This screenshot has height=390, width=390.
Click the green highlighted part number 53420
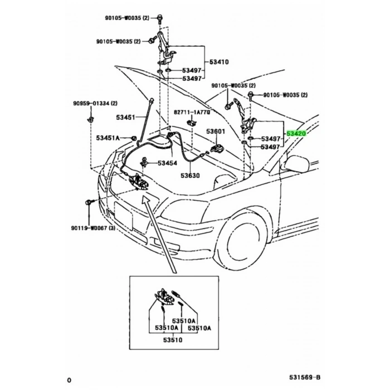(296, 134)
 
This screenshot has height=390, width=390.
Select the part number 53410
(219, 62)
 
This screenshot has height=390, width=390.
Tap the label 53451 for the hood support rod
(126, 117)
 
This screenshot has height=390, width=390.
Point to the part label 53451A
(108, 138)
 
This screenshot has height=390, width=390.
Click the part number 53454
(167, 163)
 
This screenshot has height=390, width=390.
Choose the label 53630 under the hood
(189, 176)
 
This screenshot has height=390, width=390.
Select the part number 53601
(216, 132)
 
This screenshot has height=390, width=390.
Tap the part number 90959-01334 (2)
(95, 103)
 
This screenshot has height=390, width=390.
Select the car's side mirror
(296, 164)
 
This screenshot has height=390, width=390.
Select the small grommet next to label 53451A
(134, 138)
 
